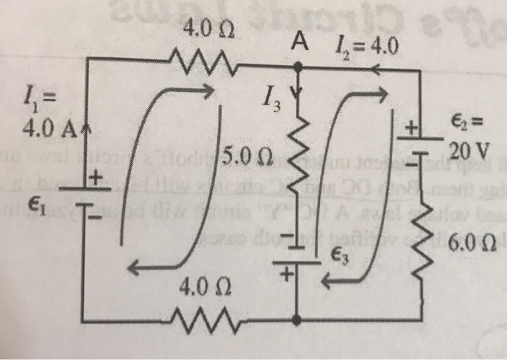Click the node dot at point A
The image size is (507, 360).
coord(298,67)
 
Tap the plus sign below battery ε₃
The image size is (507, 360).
coord(285,275)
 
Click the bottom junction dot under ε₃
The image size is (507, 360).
coord(298,317)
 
